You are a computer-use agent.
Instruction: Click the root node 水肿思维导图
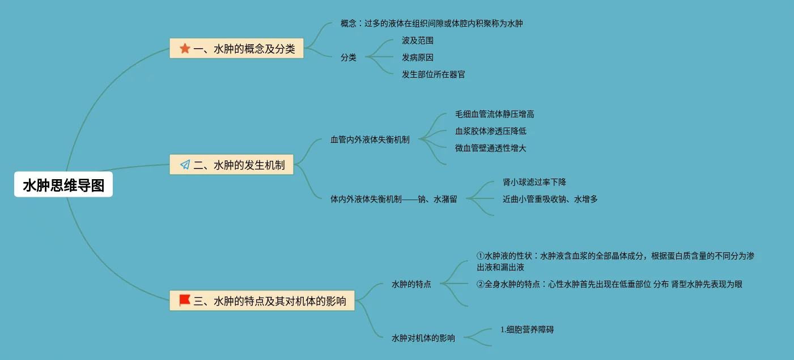pyautogui.click(x=63, y=185)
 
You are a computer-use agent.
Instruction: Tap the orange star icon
pyautogui.click(x=185, y=49)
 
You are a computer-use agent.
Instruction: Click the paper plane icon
pyautogui.click(x=185, y=165)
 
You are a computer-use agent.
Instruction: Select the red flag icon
pyautogui.click(x=185, y=300)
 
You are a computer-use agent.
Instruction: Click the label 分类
pyautogui.click(x=349, y=57)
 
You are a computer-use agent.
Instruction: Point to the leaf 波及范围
pyautogui.click(x=418, y=40)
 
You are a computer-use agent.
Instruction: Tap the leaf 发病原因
pyautogui.click(x=418, y=57)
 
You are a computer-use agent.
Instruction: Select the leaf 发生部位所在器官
pyautogui.click(x=434, y=74)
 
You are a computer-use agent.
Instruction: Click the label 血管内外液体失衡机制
pyautogui.click(x=370, y=139)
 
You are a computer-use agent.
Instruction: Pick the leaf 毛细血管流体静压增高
pyautogui.click(x=495, y=114)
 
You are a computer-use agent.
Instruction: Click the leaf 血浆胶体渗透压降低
pyautogui.click(x=491, y=131)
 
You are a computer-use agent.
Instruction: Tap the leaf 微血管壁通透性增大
pyautogui.click(x=491, y=148)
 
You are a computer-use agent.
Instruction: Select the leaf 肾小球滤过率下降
pyautogui.click(x=534, y=182)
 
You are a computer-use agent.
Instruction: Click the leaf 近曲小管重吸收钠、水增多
pyautogui.click(x=550, y=199)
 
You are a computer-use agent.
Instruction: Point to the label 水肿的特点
pyautogui.click(x=411, y=284)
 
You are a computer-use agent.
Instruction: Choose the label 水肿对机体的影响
pyautogui.click(x=423, y=338)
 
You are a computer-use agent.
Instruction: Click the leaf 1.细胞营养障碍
pyautogui.click(x=527, y=329)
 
